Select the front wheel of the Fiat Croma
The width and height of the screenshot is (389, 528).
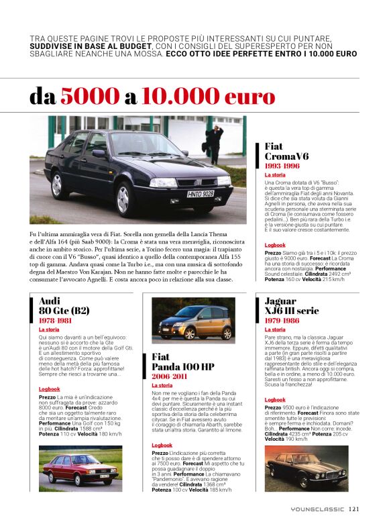point(122,199)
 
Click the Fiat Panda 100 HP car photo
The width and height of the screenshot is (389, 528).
point(192,321)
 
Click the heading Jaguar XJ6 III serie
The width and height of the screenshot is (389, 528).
point(291,305)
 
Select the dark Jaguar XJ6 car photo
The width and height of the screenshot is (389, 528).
point(306,467)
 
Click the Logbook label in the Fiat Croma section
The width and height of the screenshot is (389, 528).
point(275,245)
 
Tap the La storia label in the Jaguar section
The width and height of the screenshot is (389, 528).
point(275,329)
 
